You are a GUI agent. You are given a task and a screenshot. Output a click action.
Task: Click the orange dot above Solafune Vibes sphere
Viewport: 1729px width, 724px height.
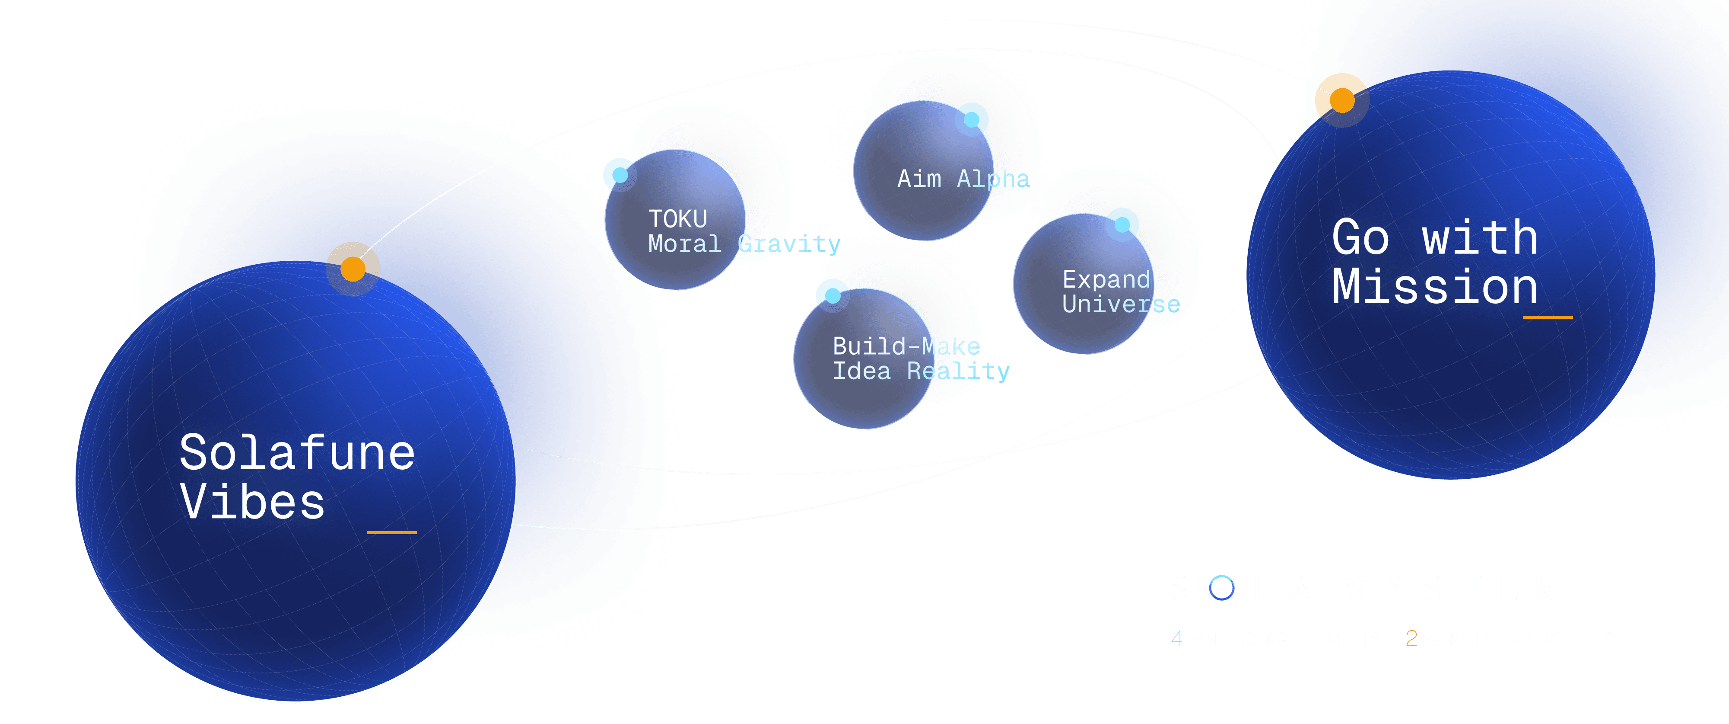(353, 269)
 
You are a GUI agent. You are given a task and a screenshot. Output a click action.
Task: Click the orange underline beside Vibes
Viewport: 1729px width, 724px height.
(391, 532)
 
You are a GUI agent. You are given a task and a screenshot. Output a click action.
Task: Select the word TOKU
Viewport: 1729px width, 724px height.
(677, 219)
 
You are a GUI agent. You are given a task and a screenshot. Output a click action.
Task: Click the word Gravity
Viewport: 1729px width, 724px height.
(789, 244)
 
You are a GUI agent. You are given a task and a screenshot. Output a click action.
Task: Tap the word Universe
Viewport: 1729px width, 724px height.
(1121, 304)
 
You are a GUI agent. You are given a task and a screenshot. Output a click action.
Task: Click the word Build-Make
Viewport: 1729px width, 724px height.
(906, 346)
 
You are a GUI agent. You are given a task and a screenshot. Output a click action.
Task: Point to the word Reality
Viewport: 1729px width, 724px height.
(958, 372)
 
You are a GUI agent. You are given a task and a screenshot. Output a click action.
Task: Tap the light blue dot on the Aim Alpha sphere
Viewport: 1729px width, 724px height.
(971, 119)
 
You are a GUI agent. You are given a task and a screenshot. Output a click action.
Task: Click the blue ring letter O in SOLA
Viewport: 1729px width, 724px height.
(1222, 588)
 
